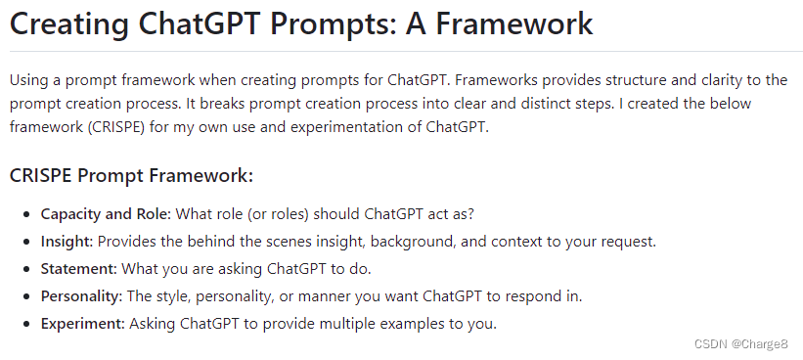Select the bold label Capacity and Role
coord(106,214)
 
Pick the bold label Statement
coord(79,269)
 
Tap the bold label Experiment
coord(83,324)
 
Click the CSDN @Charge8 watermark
coord(740,344)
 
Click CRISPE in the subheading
coord(41,176)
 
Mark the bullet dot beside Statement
coord(26,269)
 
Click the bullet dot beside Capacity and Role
coord(26,214)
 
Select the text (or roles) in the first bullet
coord(278,214)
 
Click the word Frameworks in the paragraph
coord(493,80)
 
